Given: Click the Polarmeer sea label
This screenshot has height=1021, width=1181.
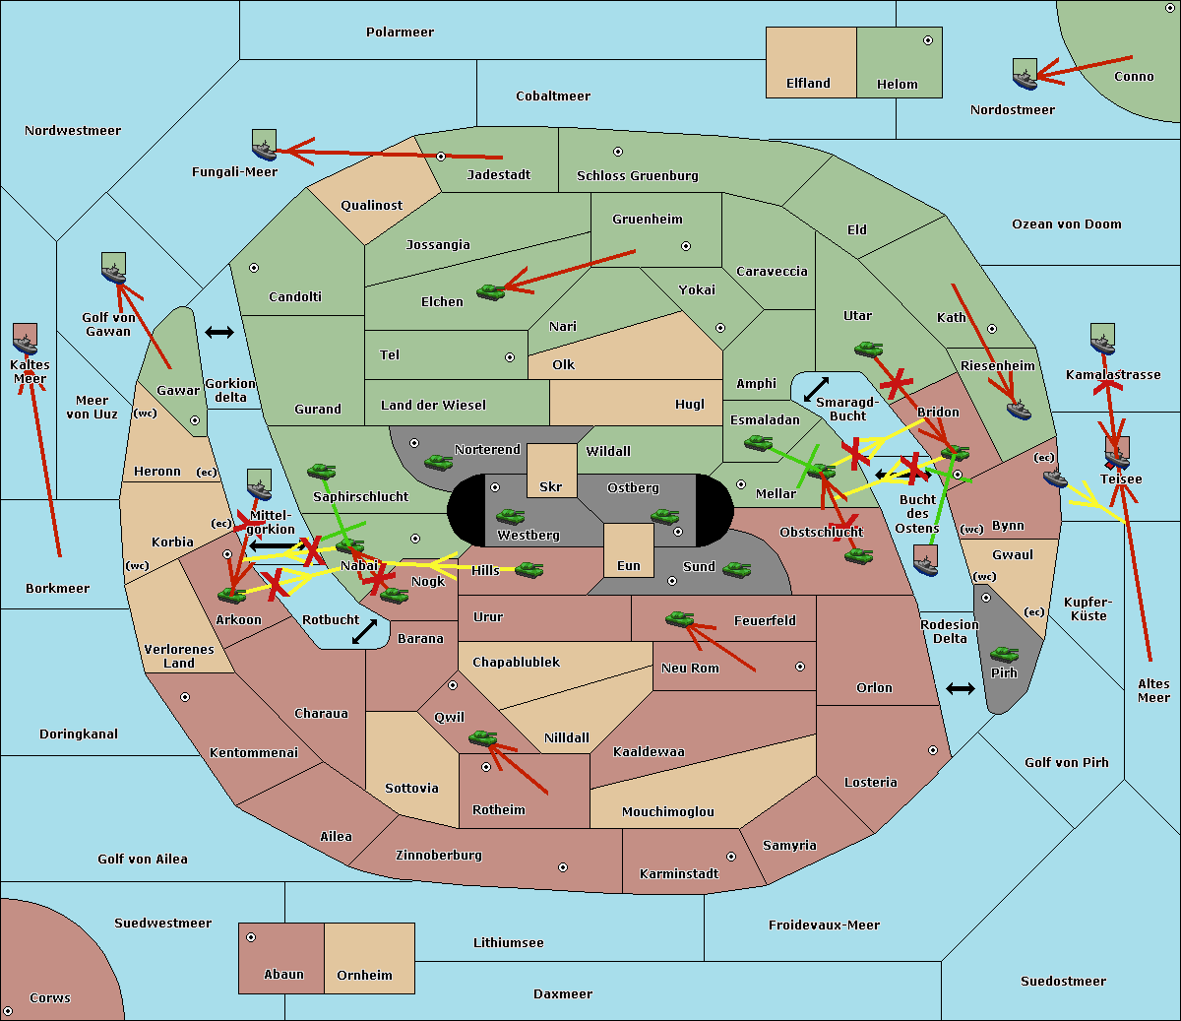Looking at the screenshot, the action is tap(400, 32).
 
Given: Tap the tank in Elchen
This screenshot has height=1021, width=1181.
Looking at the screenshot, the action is tap(491, 292).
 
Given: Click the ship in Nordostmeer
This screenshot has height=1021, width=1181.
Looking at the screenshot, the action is tap(1026, 74).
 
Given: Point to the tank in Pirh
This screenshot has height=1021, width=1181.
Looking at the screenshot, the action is tap(1004, 654).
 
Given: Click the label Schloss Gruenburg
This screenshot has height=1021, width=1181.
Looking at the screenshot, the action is tap(638, 175).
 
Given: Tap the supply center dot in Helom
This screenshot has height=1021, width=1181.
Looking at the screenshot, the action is tap(928, 40).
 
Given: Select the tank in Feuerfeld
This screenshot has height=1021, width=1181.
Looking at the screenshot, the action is tap(679, 618).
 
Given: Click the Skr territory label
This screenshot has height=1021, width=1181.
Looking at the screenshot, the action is tap(551, 486).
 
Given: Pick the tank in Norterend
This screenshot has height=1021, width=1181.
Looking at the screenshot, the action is tap(438, 462).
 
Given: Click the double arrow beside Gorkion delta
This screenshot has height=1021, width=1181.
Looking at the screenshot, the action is tap(219, 332).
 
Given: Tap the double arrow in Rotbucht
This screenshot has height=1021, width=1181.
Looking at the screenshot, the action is tap(364, 631).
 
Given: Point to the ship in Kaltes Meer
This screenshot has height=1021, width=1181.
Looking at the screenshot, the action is tap(26, 339).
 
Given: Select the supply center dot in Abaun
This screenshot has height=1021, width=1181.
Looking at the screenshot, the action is tap(251, 937).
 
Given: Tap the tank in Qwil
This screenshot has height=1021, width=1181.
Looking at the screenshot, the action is tap(482, 737).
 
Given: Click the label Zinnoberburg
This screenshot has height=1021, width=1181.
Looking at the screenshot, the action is tap(439, 855).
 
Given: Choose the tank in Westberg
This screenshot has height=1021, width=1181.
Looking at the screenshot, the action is tap(510, 517).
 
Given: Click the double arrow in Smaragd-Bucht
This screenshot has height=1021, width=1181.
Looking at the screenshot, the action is tap(816, 389).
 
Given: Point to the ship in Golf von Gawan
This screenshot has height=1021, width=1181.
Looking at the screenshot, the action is tap(114, 268).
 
